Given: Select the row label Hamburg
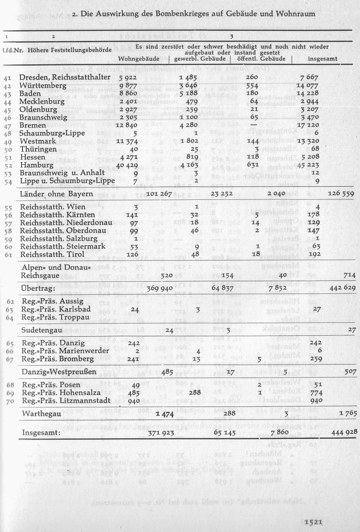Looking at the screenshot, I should [x=35, y=164].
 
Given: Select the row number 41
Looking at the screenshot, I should [x=7, y=78].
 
